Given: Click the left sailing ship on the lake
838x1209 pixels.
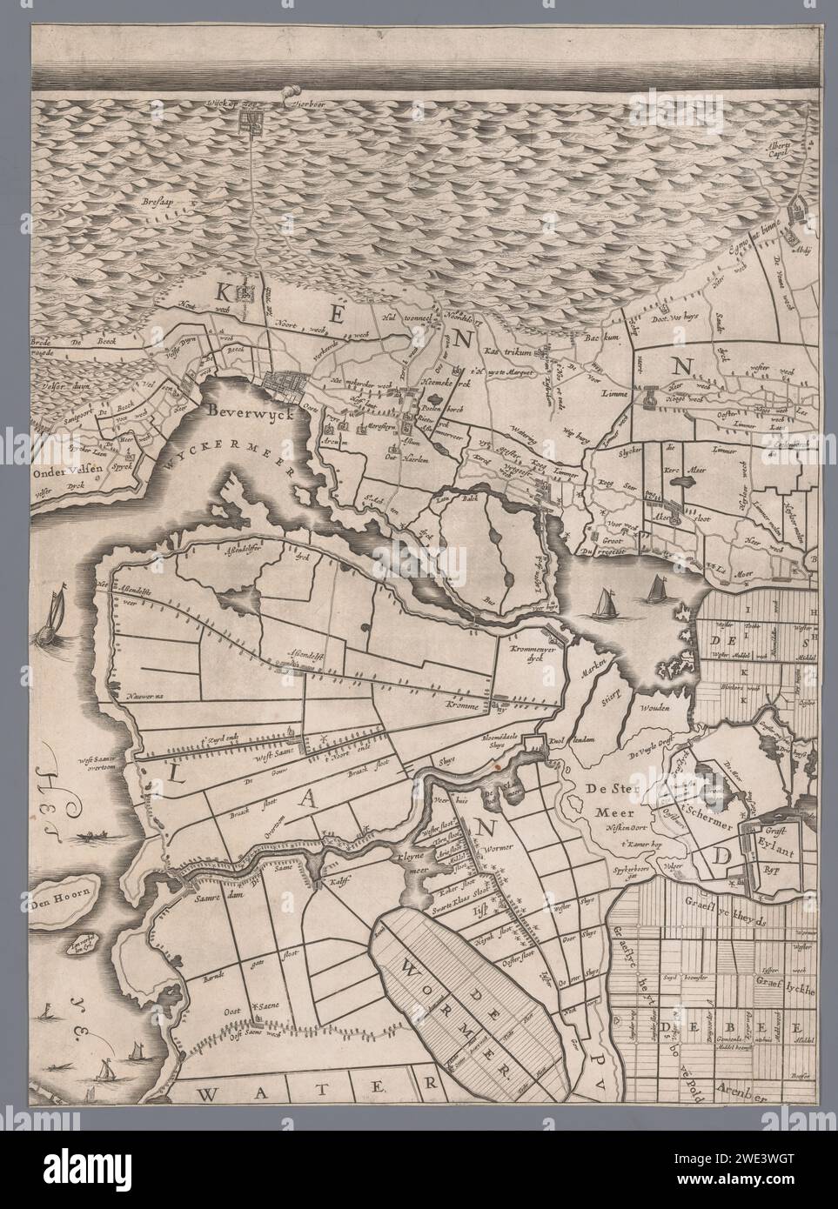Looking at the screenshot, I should [x=603, y=602].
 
